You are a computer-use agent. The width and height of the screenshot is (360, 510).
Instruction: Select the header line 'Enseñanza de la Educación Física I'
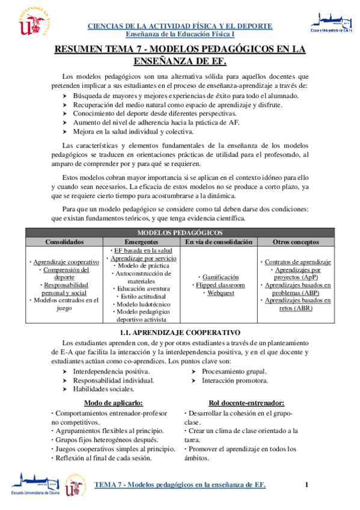click(180, 34)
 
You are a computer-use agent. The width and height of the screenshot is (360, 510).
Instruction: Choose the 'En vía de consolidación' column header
click(219, 241)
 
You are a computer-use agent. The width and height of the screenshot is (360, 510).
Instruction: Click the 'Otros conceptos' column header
click(297, 241)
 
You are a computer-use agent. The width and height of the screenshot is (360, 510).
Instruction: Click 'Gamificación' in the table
click(219, 277)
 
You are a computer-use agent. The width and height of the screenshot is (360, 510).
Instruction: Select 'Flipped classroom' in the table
click(219, 285)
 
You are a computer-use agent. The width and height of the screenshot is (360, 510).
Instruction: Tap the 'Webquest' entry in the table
click(219, 293)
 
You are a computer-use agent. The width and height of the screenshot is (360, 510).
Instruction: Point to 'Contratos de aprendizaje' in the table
click(297, 262)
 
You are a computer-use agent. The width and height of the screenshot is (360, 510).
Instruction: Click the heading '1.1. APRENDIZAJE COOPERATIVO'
click(180, 332)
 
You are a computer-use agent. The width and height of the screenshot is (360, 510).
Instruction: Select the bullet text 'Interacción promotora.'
click(234, 381)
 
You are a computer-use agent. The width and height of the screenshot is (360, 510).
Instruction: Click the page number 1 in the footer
click(307, 485)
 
